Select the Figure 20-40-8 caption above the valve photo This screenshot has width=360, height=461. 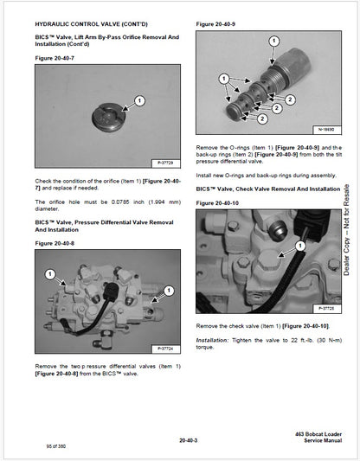[x=54, y=245]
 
